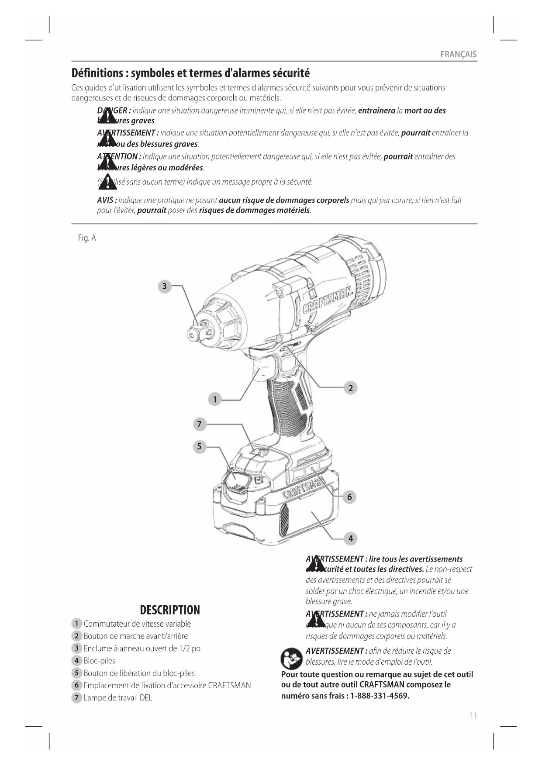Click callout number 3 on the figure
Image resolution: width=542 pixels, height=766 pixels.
point(164,286)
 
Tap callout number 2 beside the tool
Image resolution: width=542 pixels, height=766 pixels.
point(350,388)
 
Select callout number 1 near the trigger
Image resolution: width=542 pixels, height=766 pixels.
point(214,399)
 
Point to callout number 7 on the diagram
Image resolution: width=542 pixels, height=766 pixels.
point(199,424)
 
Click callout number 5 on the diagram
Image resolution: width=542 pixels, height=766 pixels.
point(199,446)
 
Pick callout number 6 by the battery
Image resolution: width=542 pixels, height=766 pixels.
point(349,497)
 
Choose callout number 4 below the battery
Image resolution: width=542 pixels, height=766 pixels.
point(350,538)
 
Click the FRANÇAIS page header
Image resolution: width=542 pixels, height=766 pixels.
point(458,55)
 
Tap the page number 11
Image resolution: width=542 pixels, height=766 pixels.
point(473,715)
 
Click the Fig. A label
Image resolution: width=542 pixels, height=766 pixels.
point(87,238)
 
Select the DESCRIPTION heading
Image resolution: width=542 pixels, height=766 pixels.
point(170,610)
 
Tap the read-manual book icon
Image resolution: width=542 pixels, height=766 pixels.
point(291,659)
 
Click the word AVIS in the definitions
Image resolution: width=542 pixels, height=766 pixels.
point(106,200)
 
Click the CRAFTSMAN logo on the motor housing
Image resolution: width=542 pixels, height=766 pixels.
point(328,301)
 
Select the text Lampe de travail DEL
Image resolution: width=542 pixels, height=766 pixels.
point(118,697)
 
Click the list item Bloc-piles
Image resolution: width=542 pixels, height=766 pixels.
point(100,661)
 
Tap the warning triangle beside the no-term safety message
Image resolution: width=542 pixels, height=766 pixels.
point(107,182)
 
